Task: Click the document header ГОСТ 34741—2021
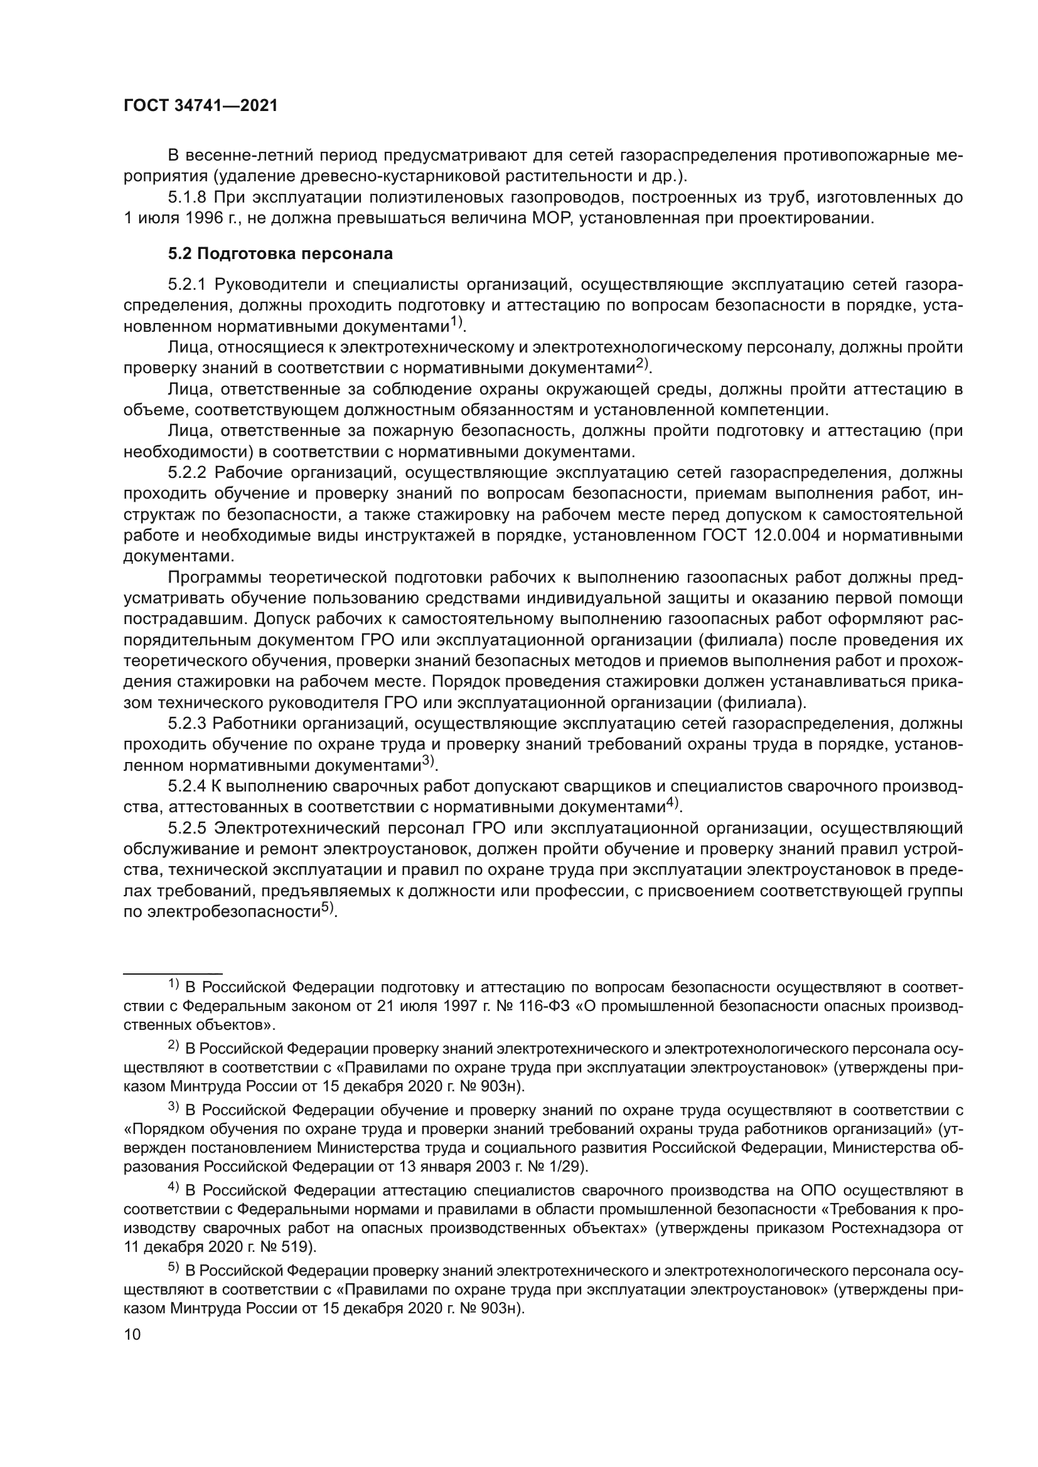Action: [x=200, y=106]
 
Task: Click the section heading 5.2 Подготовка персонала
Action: [x=280, y=253]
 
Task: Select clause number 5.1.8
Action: [x=186, y=198]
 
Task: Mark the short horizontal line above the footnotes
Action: [x=172, y=971]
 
